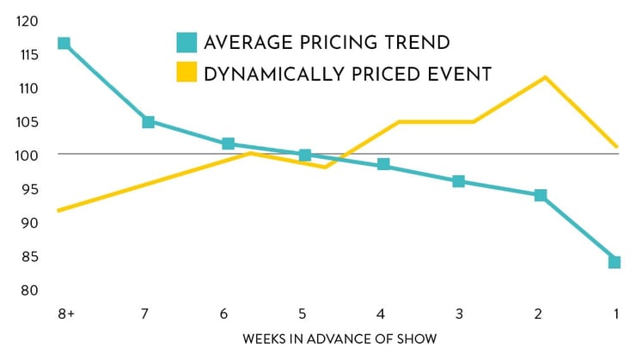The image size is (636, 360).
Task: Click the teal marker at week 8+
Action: click(64, 43)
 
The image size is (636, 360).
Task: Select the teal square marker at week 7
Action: click(148, 122)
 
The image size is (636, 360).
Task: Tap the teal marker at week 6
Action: click(228, 143)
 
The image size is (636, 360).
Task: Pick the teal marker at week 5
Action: click(304, 155)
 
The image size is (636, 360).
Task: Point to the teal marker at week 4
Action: click(383, 164)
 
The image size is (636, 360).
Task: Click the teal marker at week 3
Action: click(458, 181)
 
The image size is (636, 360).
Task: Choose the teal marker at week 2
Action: click(540, 195)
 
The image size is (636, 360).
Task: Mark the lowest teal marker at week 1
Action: click(615, 261)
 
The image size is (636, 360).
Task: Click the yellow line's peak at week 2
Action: click(546, 77)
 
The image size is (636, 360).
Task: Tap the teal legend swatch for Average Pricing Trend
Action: click(186, 41)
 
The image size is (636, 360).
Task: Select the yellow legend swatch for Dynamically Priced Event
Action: click(186, 73)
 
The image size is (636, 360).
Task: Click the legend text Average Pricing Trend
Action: click(327, 42)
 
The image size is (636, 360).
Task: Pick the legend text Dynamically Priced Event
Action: click(347, 74)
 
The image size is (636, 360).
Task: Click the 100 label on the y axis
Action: click(26, 155)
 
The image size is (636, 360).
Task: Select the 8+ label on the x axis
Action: click(66, 315)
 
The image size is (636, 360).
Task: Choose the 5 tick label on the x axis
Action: click(303, 315)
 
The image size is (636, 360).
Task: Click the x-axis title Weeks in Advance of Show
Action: click(340, 339)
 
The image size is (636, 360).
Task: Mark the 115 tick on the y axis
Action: click(26, 54)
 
